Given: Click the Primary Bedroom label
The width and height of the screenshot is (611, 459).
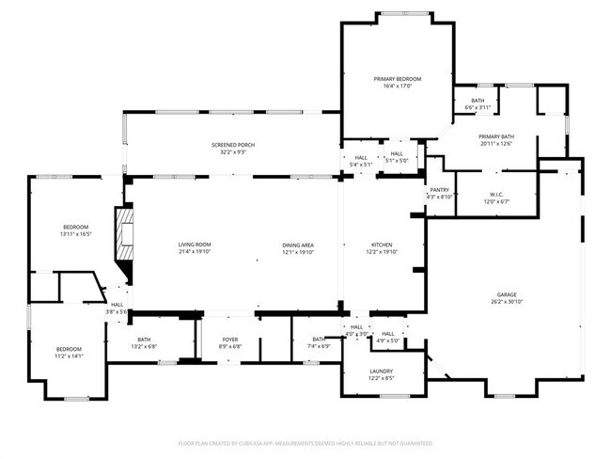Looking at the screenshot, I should (397, 79).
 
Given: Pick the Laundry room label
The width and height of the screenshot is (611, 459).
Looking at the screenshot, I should (382, 371).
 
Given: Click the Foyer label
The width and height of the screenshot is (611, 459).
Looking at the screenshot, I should (230, 340).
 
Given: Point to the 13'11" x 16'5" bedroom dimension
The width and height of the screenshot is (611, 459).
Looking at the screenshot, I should (75, 233).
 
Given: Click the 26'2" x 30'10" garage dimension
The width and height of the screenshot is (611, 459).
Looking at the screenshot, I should (504, 302).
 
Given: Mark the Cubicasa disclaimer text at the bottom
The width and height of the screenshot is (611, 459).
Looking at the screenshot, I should (305, 442).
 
